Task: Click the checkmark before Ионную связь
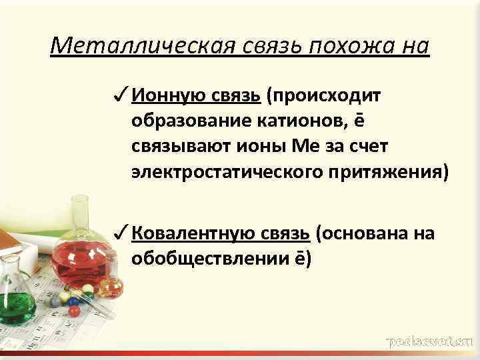tap(121, 96)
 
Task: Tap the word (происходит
tap(323, 97)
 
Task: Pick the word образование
tap(187, 122)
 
